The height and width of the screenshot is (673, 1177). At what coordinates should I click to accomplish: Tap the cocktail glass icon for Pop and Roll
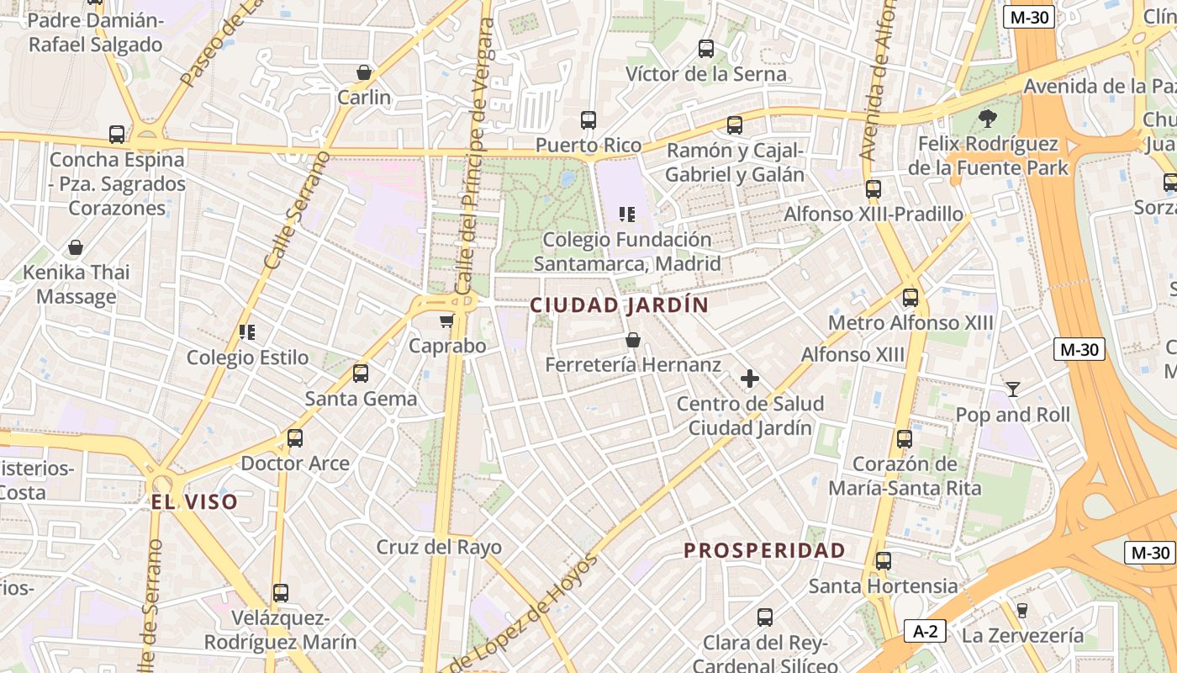click(x=1013, y=389)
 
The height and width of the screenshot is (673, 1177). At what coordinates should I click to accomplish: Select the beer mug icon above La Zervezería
click(x=1022, y=610)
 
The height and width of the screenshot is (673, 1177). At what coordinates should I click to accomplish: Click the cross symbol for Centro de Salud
click(x=750, y=379)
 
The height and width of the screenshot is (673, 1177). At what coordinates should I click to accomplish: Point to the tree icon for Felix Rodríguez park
click(x=988, y=119)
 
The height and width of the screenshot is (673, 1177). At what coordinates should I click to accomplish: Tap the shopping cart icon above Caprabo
click(x=446, y=321)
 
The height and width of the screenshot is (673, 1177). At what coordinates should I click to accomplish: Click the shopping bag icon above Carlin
click(x=364, y=72)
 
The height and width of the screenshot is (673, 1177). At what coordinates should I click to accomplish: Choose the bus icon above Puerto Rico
click(x=588, y=120)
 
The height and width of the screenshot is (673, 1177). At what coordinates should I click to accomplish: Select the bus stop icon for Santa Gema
click(x=361, y=374)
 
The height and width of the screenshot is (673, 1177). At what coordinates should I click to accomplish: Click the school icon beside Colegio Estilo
click(x=247, y=332)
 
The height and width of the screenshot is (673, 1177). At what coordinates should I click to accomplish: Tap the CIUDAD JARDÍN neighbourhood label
click(x=620, y=305)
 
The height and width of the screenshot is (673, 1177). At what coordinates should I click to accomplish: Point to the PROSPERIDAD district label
click(x=764, y=551)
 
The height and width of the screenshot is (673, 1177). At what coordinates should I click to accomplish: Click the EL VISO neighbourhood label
click(x=194, y=502)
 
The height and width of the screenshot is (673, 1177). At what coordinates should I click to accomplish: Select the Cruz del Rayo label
click(x=439, y=547)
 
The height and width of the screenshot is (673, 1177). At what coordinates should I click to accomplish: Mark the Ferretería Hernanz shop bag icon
click(x=633, y=340)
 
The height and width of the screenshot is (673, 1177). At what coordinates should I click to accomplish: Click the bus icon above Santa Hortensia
click(x=884, y=561)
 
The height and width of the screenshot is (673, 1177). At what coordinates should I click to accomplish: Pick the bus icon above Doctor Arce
click(x=295, y=438)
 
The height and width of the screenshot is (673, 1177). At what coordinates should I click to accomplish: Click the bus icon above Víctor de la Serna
click(x=706, y=49)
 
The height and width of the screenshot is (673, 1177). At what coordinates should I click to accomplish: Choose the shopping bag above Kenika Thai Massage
click(x=76, y=247)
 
